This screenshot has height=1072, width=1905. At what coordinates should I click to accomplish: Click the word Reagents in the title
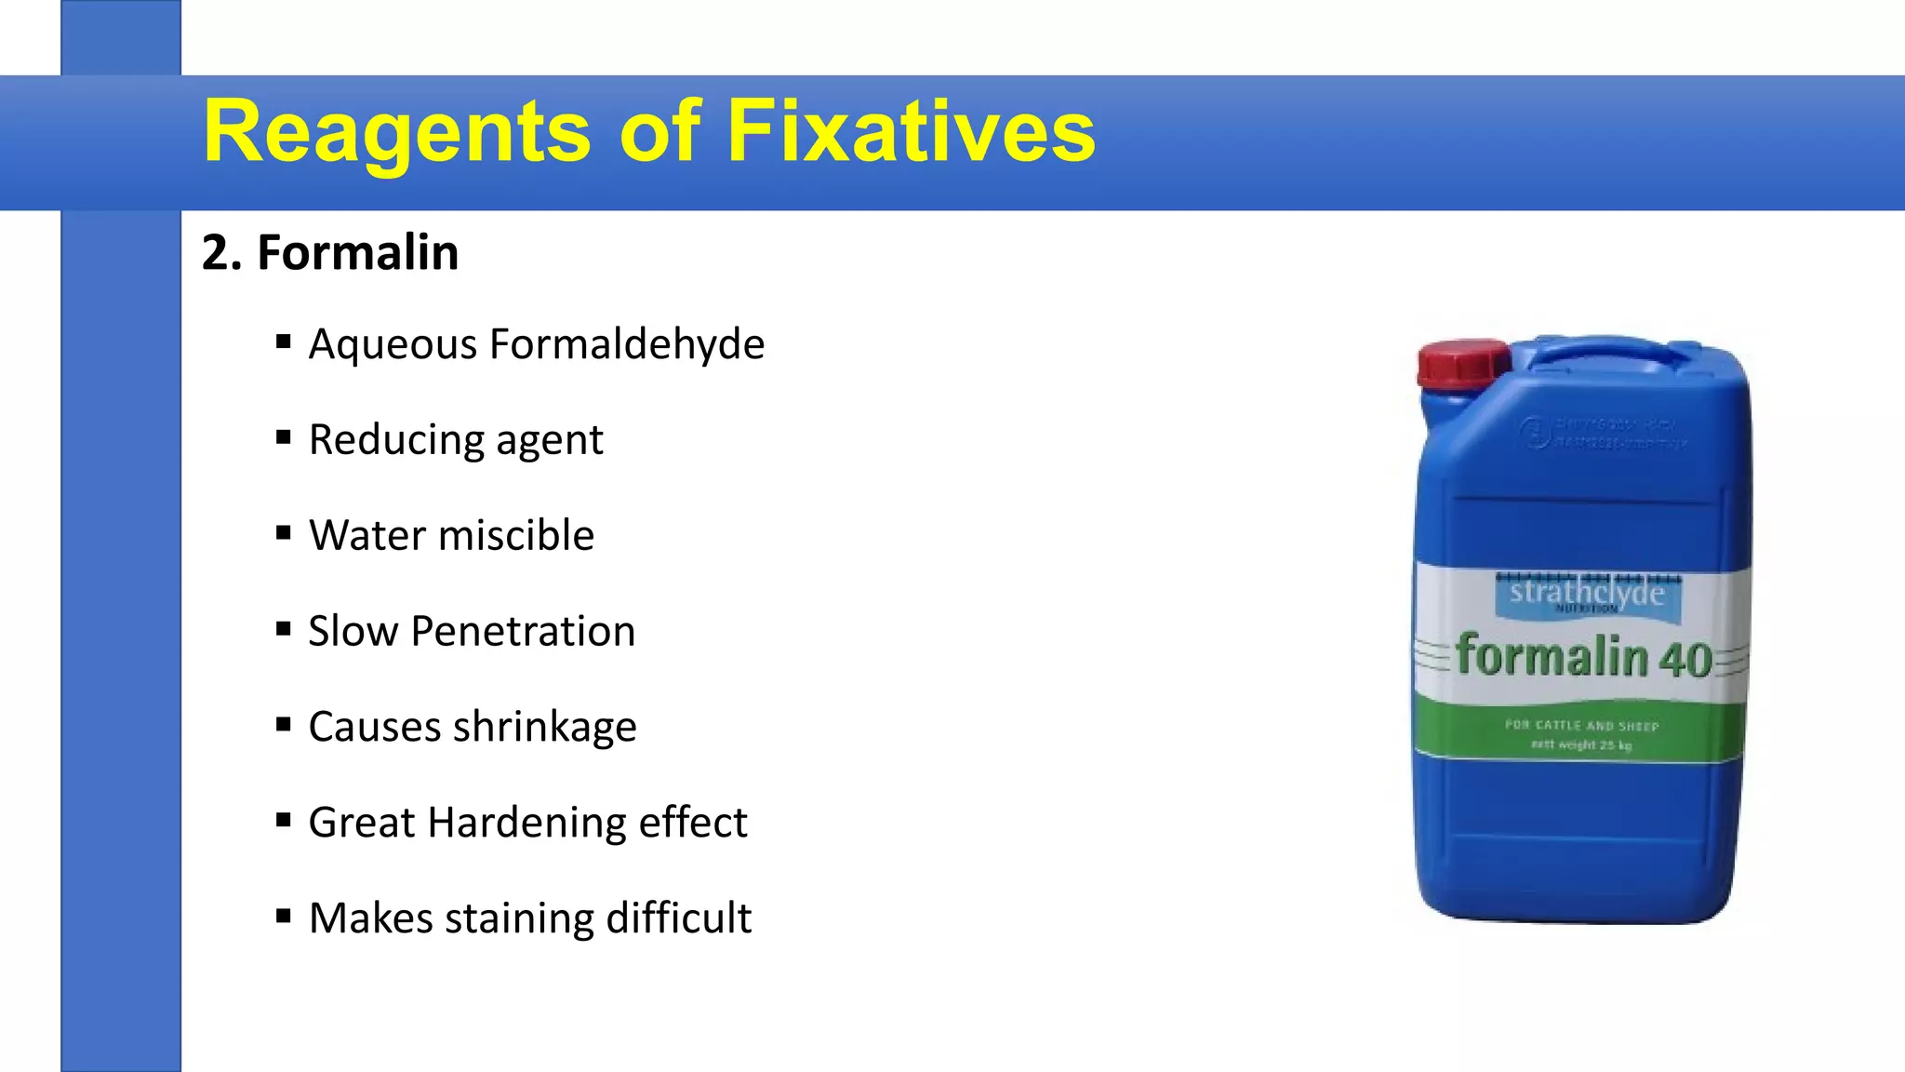point(396,132)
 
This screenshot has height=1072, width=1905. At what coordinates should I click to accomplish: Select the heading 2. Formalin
point(330,252)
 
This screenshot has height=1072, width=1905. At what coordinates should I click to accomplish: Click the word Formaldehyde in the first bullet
point(627,343)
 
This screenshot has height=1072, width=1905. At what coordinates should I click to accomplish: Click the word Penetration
point(523,631)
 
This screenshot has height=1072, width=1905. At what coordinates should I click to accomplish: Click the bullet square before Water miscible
point(284,533)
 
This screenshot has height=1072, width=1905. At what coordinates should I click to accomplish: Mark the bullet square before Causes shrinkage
point(284,724)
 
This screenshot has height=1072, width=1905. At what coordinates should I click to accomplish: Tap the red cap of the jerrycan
point(1462,363)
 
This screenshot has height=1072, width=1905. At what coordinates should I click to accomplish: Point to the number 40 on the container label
point(1685,659)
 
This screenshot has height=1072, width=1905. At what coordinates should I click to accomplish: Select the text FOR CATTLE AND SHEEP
point(1582,725)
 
